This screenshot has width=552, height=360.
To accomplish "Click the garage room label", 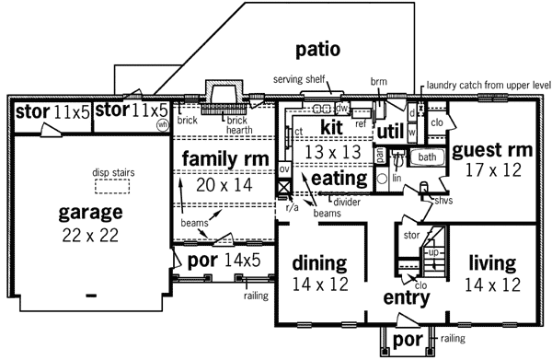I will pos(90,213).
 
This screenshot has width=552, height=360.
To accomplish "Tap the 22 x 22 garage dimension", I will pos(90,234).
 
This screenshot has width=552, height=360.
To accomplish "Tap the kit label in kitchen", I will pos(330,126).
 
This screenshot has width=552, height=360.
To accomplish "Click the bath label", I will pos(427,157).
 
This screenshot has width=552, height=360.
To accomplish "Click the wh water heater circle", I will pos(163,123).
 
